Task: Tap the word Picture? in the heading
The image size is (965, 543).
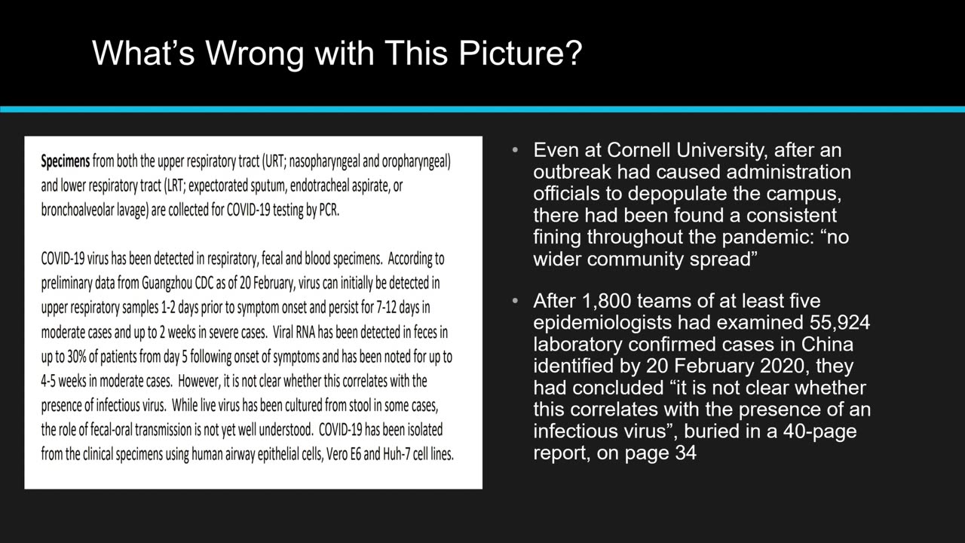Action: (x=520, y=53)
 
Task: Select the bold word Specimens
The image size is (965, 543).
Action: (x=66, y=161)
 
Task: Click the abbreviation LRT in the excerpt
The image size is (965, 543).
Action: (x=175, y=186)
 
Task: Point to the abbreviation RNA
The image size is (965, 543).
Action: (x=305, y=333)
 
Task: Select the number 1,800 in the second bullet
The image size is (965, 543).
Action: (x=607, y=301)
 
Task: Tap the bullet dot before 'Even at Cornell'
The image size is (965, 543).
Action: (x=515, y=150)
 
